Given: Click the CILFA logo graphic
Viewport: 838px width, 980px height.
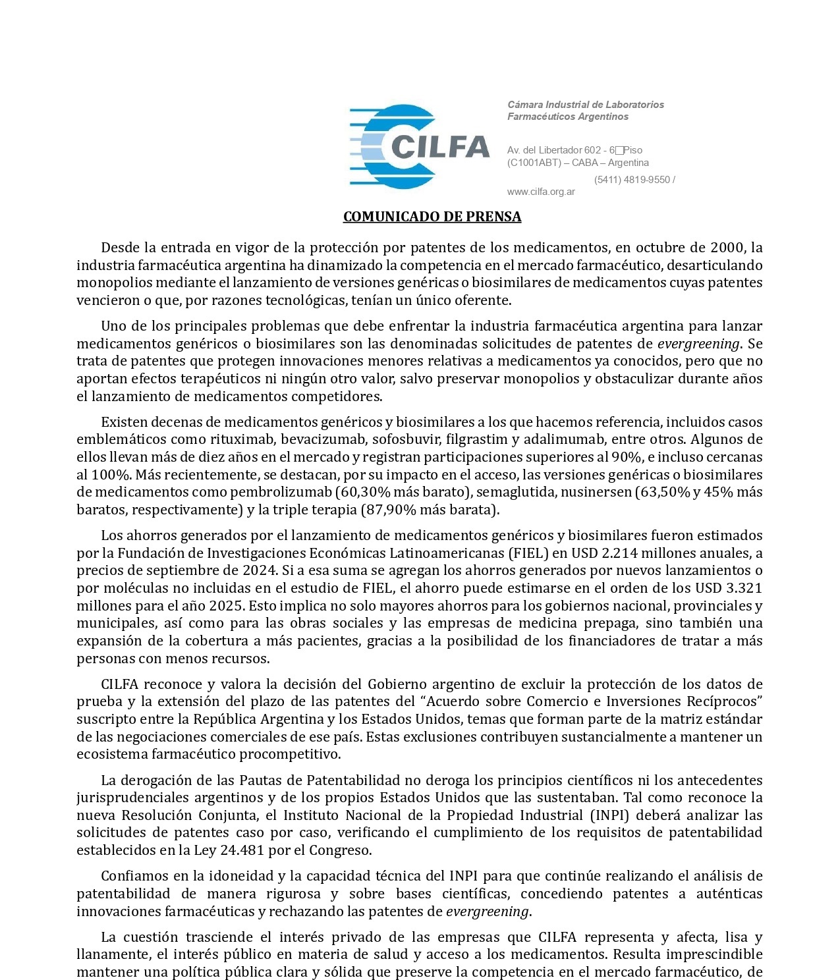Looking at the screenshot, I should click(x=419, y=146).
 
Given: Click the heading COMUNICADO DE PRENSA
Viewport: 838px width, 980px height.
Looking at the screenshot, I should click(x=432, y=217).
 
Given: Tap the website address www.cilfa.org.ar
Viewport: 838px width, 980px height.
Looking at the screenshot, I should click(x=541, y=192).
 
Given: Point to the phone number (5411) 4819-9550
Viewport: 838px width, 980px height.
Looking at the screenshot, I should click(x=632, y=180).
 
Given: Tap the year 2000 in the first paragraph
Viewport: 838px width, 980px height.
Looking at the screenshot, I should click(x=727, y=248).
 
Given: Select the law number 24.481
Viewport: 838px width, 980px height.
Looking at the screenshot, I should click(x=242, y=850).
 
